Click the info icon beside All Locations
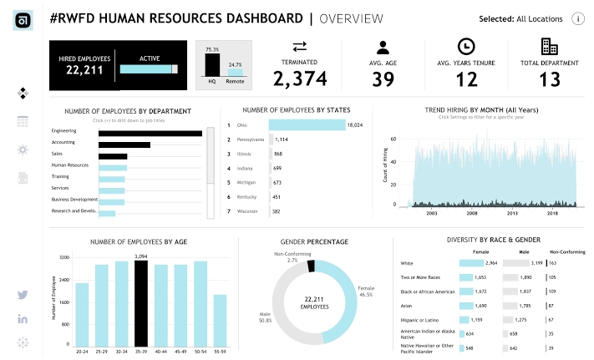[x=577, y=19]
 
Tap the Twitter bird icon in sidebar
[x=23, y=295]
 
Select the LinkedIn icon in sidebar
[x=23, y=319]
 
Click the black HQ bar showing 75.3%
[x=211, y=65]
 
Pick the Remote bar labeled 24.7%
[x=235, y=73]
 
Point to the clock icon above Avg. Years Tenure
[x=466, y=47]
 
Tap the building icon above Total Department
[x=549, y=47]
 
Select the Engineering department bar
[x=150, y=132]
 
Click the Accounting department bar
[x=124, y=144]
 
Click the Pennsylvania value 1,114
[x=282, y=139]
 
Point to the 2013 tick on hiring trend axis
[x=511, y=214]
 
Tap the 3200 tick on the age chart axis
[x=63, y=258]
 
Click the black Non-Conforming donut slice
[x=311, y=266]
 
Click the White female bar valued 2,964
[x=479, y=263]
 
